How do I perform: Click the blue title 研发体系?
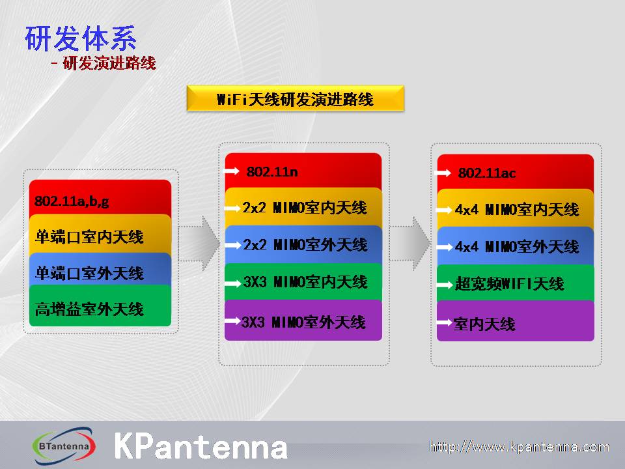(x=81, y=38)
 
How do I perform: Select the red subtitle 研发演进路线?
(x=109, y=63)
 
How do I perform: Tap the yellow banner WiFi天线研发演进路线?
(x=296, y=98)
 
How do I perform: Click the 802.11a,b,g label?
(x=72, y=201)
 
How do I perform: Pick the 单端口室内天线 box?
(x=100, y=236)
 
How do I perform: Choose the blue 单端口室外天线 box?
(x=100, y=272)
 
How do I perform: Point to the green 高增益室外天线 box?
(x=100, y=307)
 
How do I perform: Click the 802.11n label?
(x=272, y=172)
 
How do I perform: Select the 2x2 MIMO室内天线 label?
(x=305, y=208)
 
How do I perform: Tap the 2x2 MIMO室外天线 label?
(x=305, y=244)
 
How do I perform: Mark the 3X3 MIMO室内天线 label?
(x=305, y=282)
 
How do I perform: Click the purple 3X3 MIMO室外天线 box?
(x=303, y=320)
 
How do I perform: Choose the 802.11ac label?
(x=487, y=173)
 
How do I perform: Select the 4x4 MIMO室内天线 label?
(x=516, y=209)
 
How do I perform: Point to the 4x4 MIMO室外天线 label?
(x=516, y=246)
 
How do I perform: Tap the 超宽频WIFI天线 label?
(x=509, y=284)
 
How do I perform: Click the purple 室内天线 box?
(x=516, y=321)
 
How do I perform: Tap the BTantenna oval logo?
(x=63, y=446)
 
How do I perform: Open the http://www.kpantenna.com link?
(x=519, y=447)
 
